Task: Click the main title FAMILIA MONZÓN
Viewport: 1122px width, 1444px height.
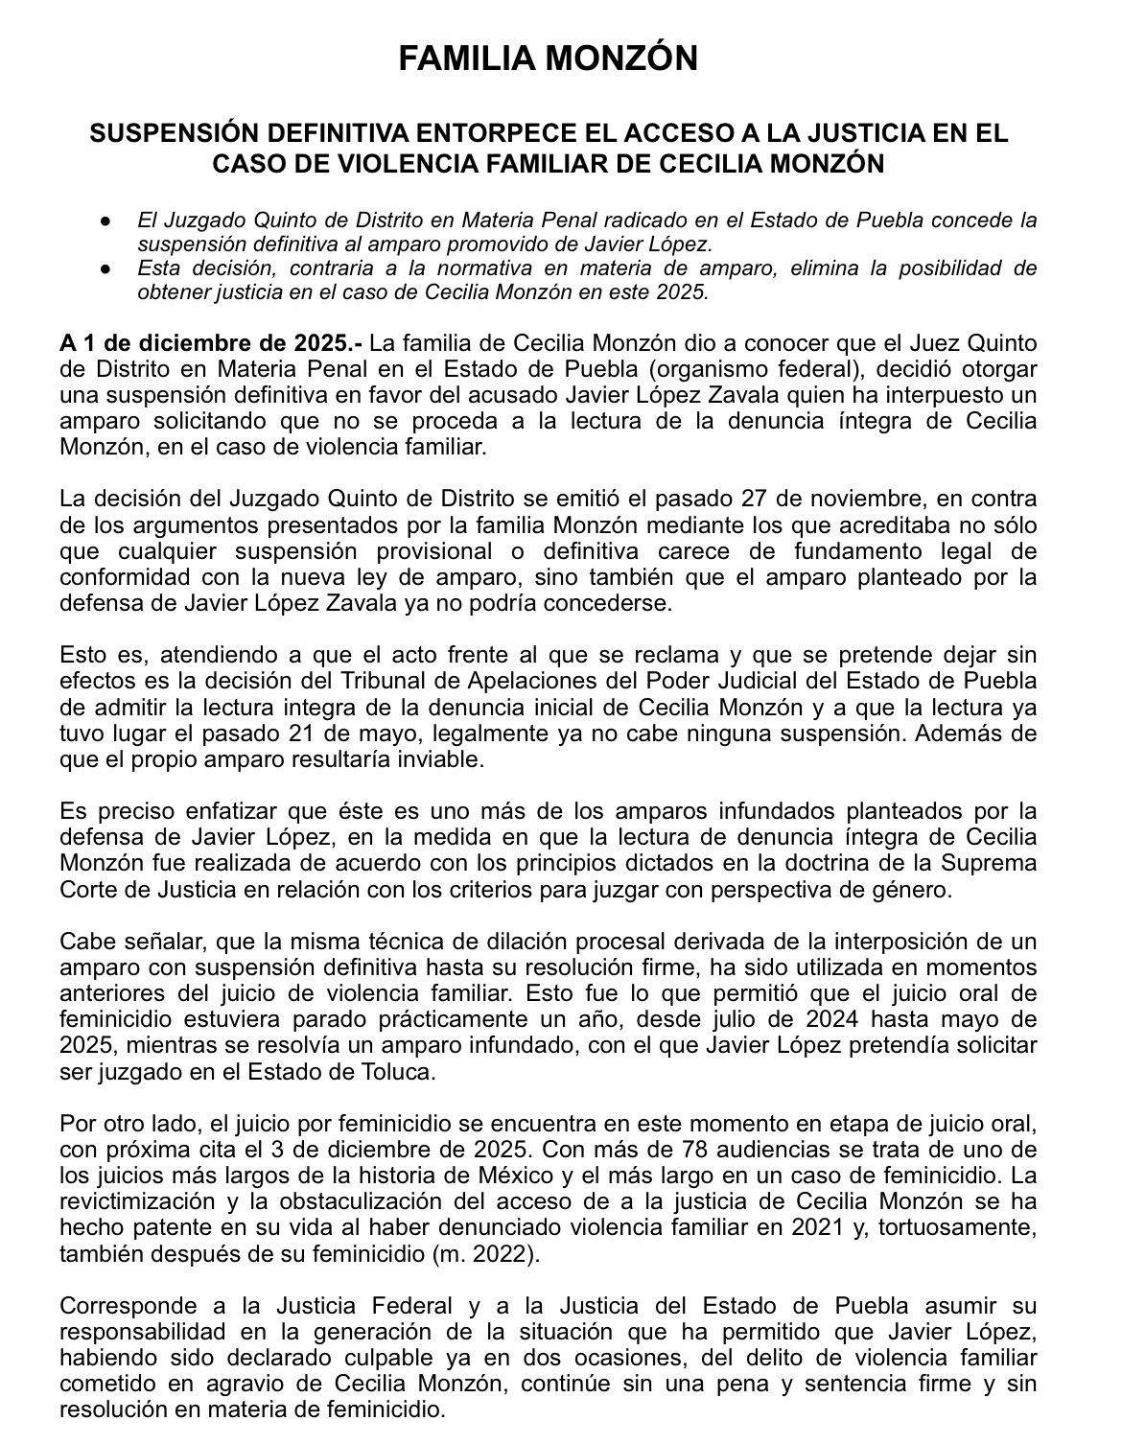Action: point(548,59)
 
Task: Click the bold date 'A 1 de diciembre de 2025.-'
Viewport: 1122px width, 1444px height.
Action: point(210,343)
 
